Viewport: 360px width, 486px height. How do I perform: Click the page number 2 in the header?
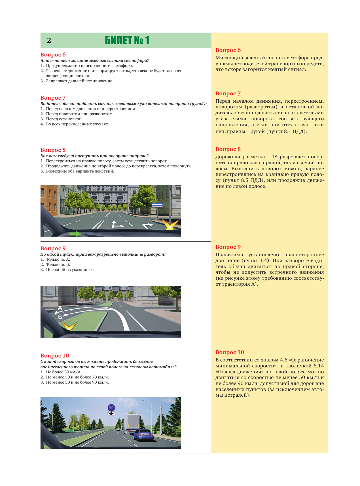[49, 41]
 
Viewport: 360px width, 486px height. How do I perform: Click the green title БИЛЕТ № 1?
[127, 40]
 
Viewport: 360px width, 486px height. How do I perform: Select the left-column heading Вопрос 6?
[53, 54]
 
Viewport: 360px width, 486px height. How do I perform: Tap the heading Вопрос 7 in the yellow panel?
[228, 94]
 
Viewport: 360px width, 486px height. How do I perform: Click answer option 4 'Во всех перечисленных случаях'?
[77, 124]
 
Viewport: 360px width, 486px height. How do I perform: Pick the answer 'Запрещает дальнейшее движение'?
[79, 81]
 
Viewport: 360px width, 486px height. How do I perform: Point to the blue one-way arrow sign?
[157, 205]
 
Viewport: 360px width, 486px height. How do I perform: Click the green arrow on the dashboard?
[75, 234]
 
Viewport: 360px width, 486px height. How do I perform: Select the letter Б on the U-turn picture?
[60, 317]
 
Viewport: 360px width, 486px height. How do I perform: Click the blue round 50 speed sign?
[111, 408]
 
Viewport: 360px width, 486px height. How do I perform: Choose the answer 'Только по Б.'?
[58, 265]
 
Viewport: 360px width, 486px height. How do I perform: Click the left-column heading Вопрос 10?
[55, 356]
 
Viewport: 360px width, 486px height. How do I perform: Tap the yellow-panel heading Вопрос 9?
[228, 247]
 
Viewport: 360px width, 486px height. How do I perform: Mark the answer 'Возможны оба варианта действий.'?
[80, 171]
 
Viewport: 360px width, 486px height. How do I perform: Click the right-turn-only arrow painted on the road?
[147, 226]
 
